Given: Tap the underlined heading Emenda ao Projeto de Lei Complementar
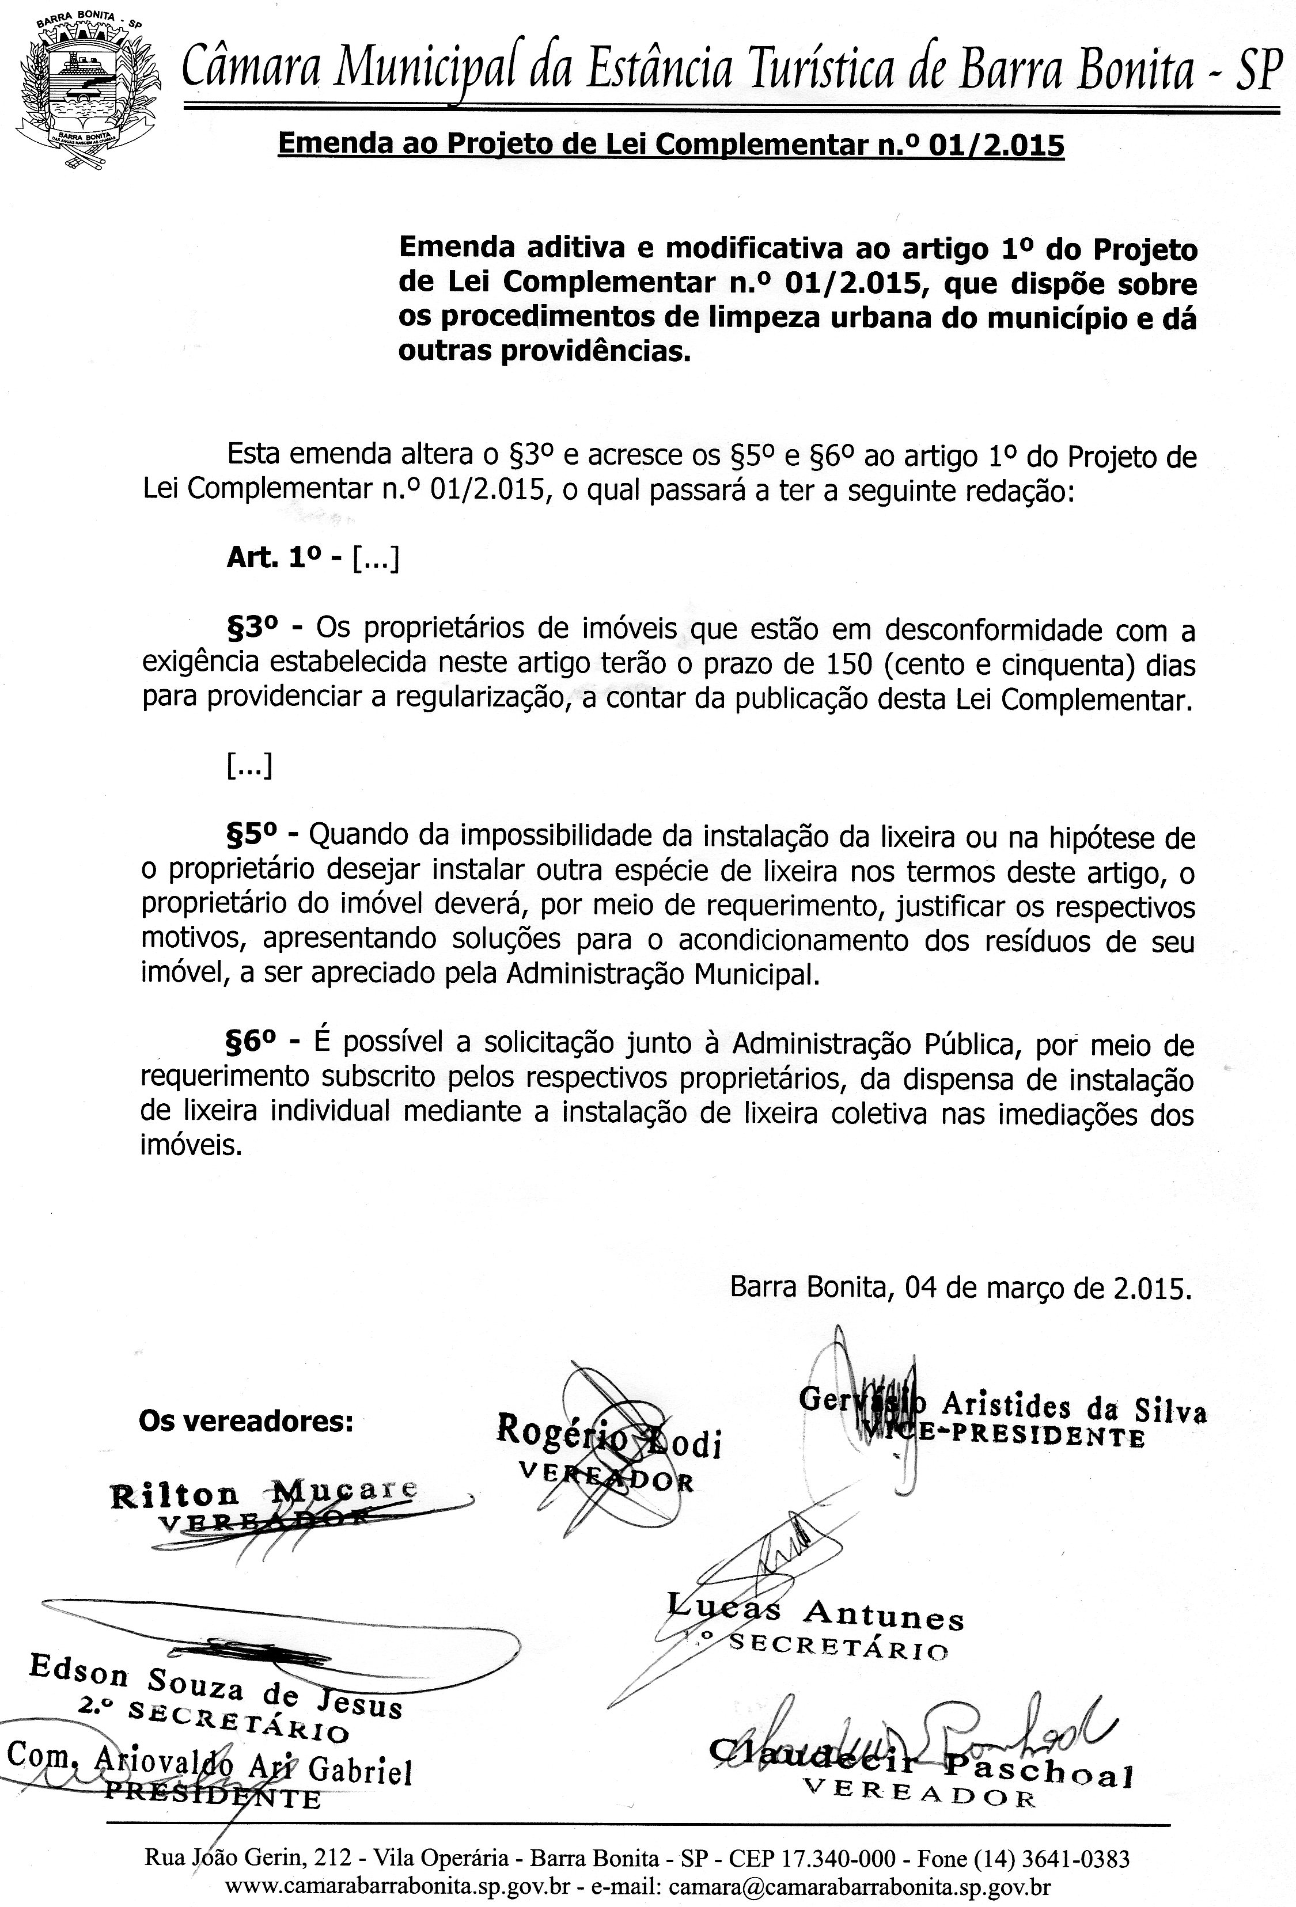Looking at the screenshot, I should (670, 145).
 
